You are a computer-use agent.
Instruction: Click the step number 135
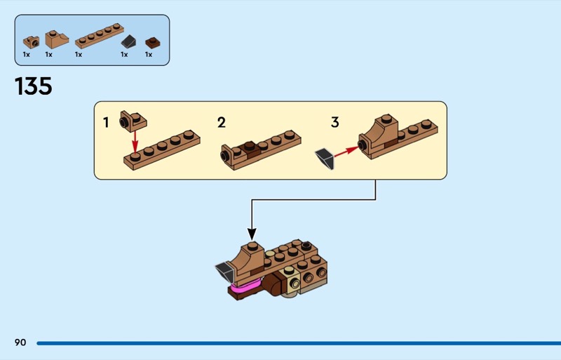33,86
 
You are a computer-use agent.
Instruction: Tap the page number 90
20,342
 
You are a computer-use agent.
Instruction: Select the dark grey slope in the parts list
128,42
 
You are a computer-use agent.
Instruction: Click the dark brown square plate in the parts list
152,43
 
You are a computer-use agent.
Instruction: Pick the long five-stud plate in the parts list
100,36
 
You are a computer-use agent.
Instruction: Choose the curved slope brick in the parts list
57,39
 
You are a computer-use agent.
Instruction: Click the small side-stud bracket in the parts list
32,42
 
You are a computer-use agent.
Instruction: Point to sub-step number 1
106,123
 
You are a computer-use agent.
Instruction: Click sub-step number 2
222,123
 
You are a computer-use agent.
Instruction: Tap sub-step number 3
335,122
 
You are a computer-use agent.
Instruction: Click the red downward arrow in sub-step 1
135,142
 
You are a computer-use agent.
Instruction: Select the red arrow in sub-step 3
346,151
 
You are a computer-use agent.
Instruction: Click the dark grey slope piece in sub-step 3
325,159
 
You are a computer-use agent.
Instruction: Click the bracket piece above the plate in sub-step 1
133,121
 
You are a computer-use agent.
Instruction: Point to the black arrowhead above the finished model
252,234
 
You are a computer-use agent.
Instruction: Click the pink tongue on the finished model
246,286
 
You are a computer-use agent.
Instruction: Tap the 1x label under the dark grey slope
124,55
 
